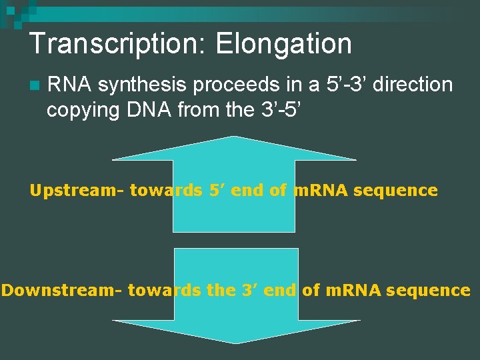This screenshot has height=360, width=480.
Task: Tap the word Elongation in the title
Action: pos(283,44)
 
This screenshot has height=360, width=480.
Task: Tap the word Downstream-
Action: pos(62,291)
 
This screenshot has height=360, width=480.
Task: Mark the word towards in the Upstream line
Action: pos(166,191)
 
